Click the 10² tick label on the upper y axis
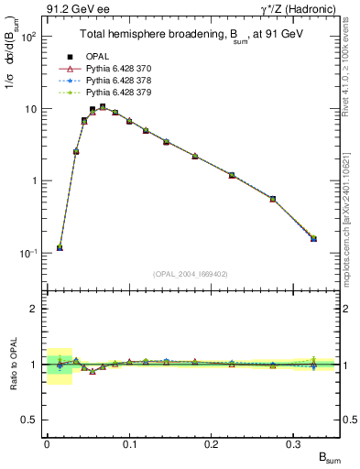point(27,38)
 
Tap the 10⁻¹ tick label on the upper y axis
point(27,253)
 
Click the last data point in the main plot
point(313,238)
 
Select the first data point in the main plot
point(60,247)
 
